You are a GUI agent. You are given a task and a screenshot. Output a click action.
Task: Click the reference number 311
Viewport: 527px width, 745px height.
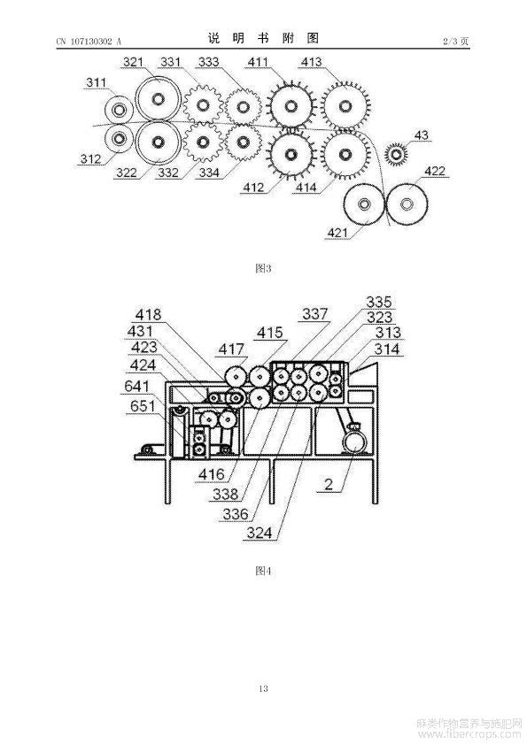click(96, 82)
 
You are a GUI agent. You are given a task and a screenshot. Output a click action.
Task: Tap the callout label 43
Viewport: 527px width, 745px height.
click(421, 135)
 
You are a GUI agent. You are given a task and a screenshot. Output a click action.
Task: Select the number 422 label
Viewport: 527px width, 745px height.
click(434, 171)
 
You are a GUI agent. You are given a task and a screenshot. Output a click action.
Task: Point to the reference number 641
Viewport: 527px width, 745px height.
click(137, 386)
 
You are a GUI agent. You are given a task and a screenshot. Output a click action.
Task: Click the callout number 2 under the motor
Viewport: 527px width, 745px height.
click(329, 484)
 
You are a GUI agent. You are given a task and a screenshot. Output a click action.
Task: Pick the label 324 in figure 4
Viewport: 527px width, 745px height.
click(260, 533)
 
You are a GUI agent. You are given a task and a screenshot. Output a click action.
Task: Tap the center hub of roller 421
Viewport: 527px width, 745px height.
click(364, 204)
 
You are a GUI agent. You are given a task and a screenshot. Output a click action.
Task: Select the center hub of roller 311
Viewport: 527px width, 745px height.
click(118, 111)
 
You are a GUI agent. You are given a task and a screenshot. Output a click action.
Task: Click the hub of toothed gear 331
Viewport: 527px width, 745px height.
click(203, 104)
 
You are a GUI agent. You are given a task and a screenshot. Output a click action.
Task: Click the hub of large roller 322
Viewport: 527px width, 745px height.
click(158, 142)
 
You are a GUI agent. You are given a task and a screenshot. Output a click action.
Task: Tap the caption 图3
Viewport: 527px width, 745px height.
click(263, 268)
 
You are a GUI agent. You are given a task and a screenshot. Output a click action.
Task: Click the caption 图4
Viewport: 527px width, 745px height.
click(263, 571)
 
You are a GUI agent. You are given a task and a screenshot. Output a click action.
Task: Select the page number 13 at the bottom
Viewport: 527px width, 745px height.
click(263, 688)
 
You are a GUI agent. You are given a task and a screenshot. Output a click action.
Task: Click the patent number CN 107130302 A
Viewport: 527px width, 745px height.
click(89, 42)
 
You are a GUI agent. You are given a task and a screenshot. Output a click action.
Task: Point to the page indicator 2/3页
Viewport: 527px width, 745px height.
click(455, 41)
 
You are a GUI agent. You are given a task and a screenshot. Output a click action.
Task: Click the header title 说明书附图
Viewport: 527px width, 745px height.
click(263, 38)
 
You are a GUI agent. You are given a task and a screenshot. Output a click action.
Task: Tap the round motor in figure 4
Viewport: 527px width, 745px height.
click(355, 442)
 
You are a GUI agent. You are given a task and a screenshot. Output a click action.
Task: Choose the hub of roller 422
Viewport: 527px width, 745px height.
click(407, 204)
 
